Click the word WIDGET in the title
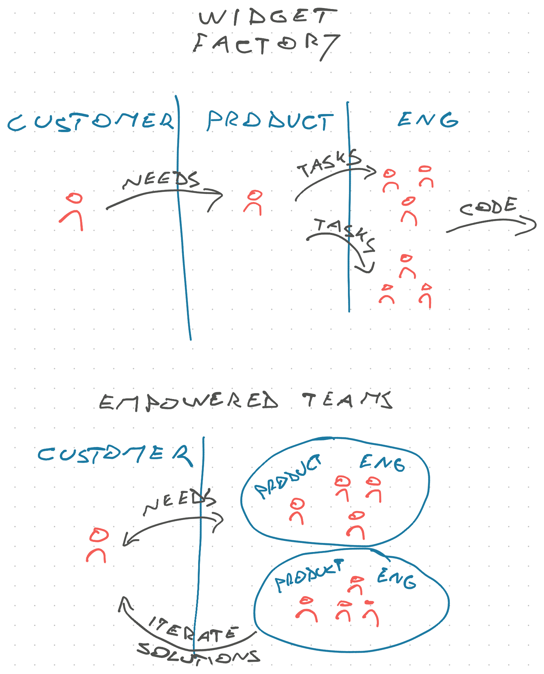point(268,17)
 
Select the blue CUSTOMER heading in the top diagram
point(91,122)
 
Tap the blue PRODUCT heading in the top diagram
point(270,121)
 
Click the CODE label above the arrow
point(489,206)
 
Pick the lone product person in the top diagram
point(253,202)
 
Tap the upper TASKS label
point(329,163)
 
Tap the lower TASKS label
point(345,234)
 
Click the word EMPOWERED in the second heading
point(189,402)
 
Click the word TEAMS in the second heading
point(347,400)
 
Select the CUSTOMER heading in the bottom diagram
point(115,454)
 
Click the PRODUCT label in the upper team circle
point(288,476)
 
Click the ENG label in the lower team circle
point(396,579)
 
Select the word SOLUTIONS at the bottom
point(198,653)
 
